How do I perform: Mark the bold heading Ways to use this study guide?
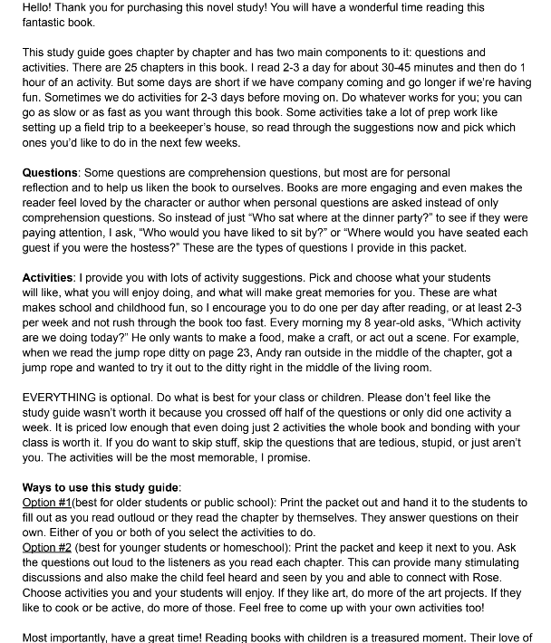pos(101,487)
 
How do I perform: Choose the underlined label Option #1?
pos(45,502)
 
